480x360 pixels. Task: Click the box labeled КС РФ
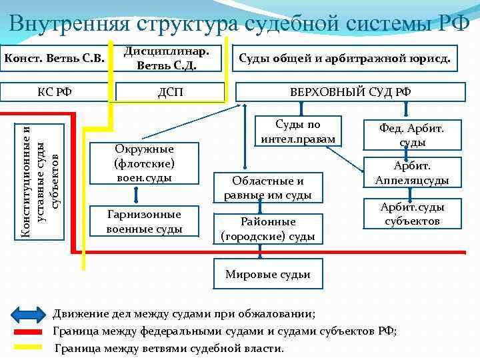55,91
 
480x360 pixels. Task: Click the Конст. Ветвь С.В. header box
55,59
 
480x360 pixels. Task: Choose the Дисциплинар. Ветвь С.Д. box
171,59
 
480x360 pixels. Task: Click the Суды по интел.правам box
299,132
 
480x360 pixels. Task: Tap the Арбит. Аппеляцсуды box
411,173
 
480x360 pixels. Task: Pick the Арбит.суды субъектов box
411,213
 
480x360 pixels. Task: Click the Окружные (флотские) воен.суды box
144,163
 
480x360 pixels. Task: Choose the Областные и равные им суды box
267,187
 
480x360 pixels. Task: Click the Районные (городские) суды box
267,228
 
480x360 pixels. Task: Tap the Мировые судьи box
268,274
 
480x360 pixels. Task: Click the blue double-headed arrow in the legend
29,314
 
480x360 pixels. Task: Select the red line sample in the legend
29,331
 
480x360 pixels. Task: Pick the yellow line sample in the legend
29,347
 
